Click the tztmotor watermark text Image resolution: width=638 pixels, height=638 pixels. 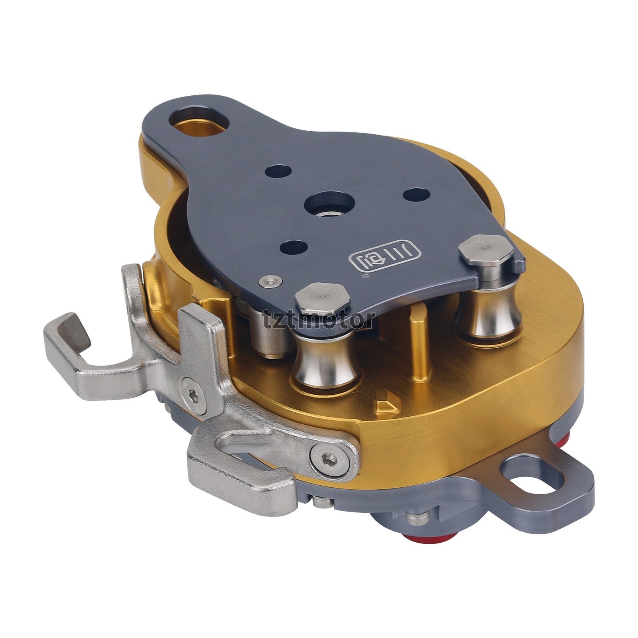click(x=319, y=319)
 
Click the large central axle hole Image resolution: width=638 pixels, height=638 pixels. click(x=329, y=204)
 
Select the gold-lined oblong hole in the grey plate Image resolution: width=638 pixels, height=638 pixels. click(x=199, y=121)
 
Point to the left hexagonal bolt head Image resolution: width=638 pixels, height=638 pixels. click(x=322, y=299)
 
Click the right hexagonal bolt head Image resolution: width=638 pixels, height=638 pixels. click(x=486, y=250)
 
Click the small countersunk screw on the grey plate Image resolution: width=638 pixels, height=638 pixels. click(x=270, y=281)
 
